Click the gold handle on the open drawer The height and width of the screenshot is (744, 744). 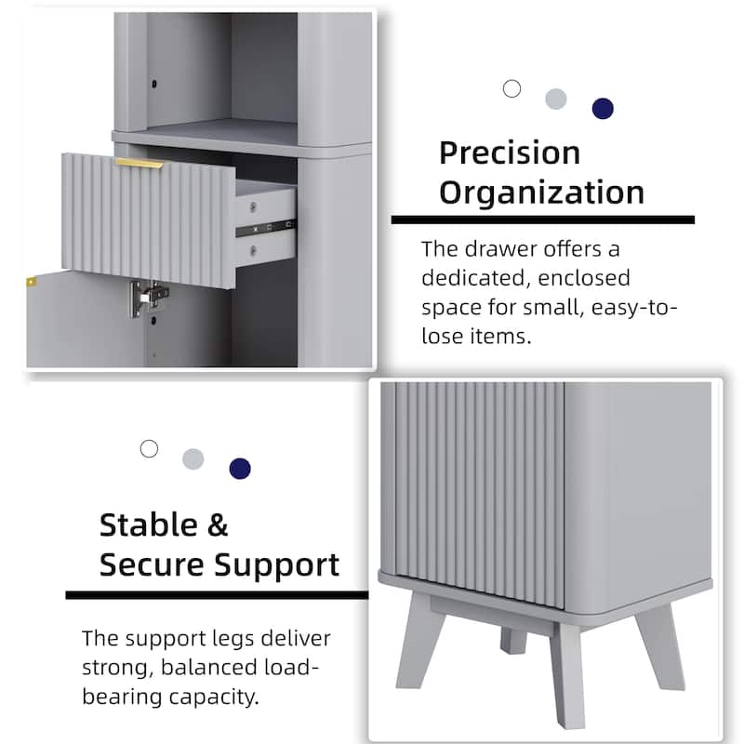(139, 165)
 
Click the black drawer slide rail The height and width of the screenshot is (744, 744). (266, 226)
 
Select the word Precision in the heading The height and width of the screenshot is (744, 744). (510, 153)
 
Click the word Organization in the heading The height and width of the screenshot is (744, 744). (541, 193)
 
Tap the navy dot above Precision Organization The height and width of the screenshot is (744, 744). (603, 108)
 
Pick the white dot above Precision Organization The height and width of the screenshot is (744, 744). (511, 89)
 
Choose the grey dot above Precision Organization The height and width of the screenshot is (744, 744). (555, 99)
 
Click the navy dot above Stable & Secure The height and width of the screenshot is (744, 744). (240, 468)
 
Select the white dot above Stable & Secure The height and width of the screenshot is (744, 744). (149, 448)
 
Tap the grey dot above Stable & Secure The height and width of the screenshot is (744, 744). (193, 458)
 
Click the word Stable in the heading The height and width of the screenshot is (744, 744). (147, 525)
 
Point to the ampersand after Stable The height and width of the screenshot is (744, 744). (216, 525)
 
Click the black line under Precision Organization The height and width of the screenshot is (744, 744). (542, 219)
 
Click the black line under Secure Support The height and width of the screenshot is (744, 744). (217, 594)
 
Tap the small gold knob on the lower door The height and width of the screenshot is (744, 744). (31, 281)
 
